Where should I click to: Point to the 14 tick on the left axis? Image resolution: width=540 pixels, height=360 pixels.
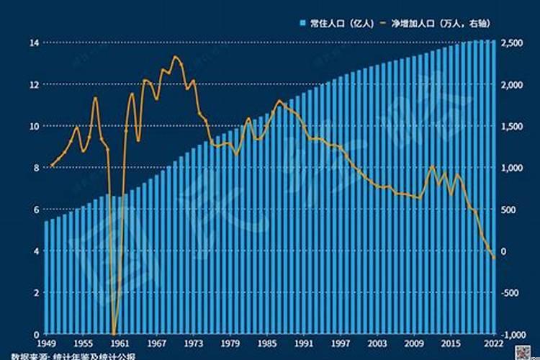coord(33,43)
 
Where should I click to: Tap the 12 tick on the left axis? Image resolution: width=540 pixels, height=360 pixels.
coord(33,84)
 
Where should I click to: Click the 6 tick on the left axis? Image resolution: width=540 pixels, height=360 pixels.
coord(35,210)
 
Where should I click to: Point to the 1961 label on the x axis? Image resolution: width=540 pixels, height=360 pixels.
coord(120,343)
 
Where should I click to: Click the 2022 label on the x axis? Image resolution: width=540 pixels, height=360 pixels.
coord(492,343)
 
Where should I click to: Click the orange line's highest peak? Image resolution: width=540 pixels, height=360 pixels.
coord(176,56)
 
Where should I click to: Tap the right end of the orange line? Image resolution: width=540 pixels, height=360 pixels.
coord(494,258)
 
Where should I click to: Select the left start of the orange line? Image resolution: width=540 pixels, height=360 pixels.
coord(50,166)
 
